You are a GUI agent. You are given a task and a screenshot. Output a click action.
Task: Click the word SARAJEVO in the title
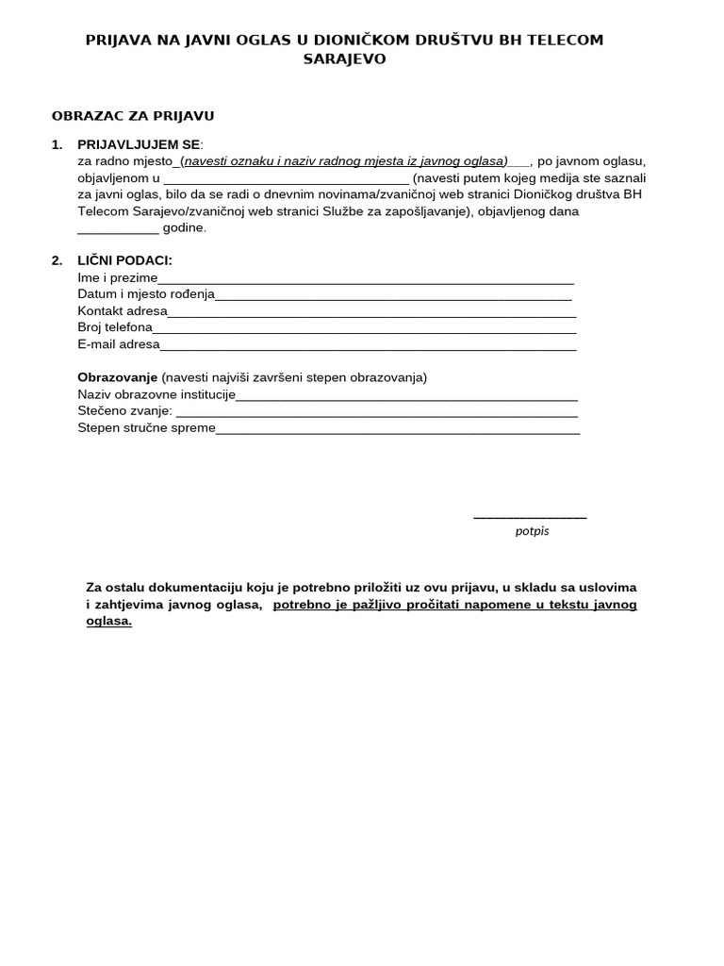344,58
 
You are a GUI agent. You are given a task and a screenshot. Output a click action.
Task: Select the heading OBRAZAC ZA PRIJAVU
133,116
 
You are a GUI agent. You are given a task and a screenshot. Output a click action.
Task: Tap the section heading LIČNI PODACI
124,260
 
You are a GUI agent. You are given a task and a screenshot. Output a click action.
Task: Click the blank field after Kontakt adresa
371,313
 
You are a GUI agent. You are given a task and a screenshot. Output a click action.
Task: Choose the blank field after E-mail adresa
368,346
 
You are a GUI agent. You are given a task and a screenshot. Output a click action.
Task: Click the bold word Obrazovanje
118,377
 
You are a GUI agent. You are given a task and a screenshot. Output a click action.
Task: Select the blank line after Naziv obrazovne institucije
406,396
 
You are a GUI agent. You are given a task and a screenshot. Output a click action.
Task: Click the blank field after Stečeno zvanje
376,413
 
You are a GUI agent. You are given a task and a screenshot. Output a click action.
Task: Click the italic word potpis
532,531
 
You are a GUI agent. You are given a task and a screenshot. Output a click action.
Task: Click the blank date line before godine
118,229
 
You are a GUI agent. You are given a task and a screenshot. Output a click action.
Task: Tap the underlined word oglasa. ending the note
108,622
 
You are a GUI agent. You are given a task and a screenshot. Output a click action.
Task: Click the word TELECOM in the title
562,40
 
